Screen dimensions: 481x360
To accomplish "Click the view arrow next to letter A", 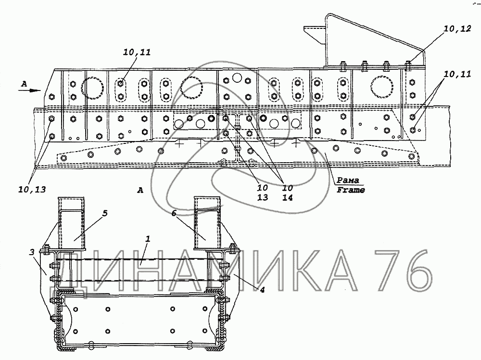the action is (x=31, y=89).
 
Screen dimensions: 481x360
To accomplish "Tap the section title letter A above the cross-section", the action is (x=140, y=191).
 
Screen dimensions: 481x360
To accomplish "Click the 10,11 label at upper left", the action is (x=138, y=53).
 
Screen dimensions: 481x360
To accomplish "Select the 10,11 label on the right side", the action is (x=457, y=74).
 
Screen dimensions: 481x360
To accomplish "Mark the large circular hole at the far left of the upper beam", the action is (x=92, y=88).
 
